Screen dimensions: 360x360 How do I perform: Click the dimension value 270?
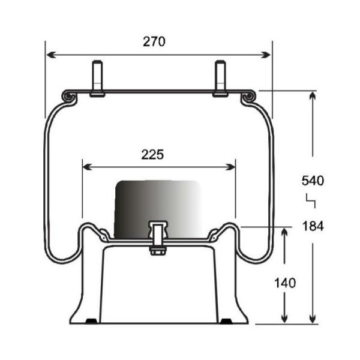(154, 41)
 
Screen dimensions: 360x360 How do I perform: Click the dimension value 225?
(152, 154)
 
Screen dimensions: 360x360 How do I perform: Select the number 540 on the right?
(313, 180)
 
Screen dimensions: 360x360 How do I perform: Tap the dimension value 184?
(313, 226)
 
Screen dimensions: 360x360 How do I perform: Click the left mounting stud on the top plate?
(97, 78)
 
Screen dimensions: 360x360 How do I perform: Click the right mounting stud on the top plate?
(220, 78)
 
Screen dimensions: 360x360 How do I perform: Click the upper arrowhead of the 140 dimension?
(284, 232)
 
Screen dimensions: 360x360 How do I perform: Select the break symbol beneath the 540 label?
(310, 200)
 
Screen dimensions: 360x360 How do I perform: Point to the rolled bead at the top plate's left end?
(69, 96)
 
